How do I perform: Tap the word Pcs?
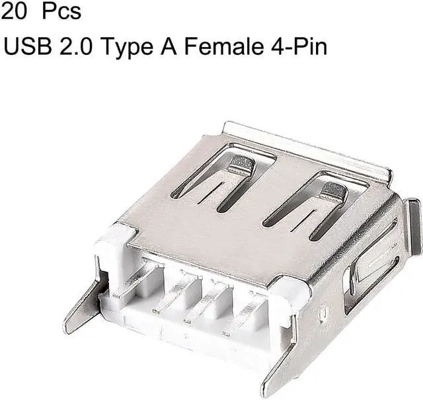pos(61,12)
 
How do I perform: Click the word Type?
pos(128,48)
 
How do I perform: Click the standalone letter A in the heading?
pos(169,46)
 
